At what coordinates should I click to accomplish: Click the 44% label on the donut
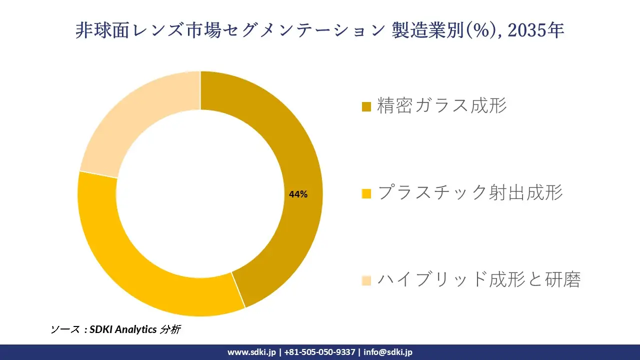click(298, 194)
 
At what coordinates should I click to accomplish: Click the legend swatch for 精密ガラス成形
click(366, 106)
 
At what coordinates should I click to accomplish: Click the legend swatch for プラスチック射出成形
click(366, 193)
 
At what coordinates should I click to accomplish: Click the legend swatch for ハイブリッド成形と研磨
click(366, 280)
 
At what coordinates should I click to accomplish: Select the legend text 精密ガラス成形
click(442, 106)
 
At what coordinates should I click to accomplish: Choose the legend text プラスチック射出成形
click(470, 192)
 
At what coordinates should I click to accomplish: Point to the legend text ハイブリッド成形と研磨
click(479, 279)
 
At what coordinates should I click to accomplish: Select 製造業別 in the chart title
click(429, 31)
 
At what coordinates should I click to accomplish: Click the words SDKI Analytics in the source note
click(123, 329)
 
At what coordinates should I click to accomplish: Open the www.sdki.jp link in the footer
click(251, 352)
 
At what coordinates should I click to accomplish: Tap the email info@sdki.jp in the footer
click(388, 352)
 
